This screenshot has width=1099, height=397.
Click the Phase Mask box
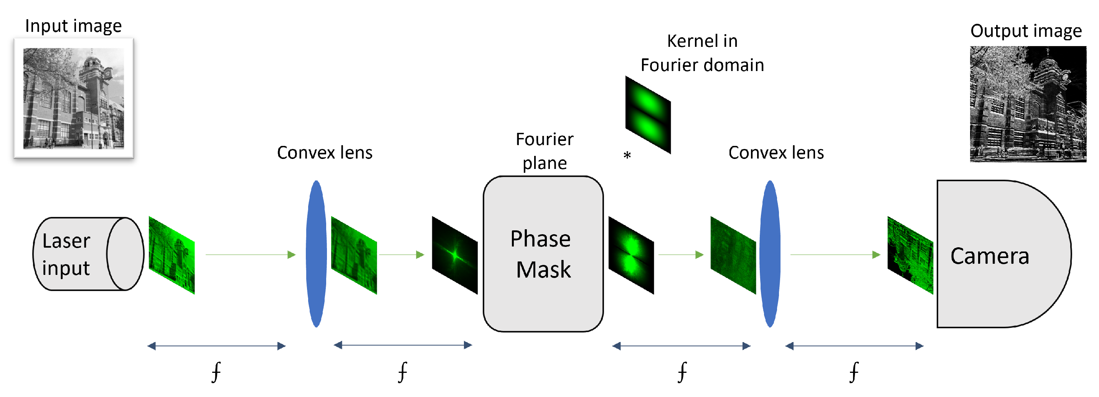pyautogui.click(x=543, y=254)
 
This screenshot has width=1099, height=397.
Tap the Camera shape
pyautogui.click(x=998, y=254)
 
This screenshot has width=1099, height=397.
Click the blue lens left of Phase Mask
pyautogui.click(x=316, y=254)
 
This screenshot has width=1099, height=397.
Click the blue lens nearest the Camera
pyautogui.click(x=770, y=254)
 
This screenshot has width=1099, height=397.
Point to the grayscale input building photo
pyautogui.click(x=73, y=98)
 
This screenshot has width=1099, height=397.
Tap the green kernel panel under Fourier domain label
pyautogui.click(x=648, y=114)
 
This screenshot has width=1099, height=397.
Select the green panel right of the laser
pyautogui.click(x=172, y=255)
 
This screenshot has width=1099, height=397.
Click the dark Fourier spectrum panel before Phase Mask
pyautogui.click(x=454, y=255)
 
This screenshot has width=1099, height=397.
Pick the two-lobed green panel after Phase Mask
pyautogui.click(x=630, y=255)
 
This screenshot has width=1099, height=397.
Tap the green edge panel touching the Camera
pyautogui.click(x=909, y=255)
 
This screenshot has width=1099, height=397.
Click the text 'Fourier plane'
pyautogui.click(x=545, y=151)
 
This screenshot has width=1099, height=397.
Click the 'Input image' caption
pyautogui.click(x=73, y=26)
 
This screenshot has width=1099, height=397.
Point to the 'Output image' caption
pyautogui.click(x=1026, y=31)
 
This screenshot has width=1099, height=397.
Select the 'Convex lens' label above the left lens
pyautogui.click(x=324, y=152)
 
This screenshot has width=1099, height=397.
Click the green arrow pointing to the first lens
pyautogui.click(x=251, y=255)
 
